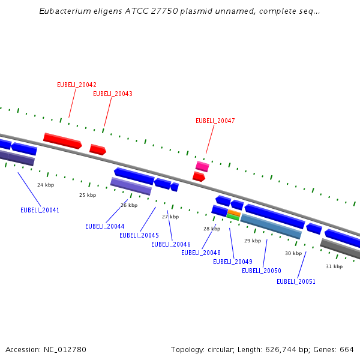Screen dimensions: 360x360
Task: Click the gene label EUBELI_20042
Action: click(77, 85)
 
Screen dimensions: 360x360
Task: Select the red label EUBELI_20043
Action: click(113, 94)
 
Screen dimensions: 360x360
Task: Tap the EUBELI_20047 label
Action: click(215, 121)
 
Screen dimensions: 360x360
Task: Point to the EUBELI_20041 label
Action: click(40, 210)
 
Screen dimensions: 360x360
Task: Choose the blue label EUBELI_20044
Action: click(105, 226)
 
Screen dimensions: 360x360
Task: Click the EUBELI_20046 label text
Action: click(171, 244)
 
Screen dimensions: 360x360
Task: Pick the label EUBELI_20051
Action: click(296, 281)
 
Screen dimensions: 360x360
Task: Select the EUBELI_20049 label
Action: click(233, 262)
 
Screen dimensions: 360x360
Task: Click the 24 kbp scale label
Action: click(46, 185)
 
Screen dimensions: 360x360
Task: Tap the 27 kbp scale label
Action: click(170, 217)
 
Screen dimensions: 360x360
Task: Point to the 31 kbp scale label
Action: click(334, 266)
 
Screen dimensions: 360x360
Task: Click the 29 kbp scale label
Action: click(253, 241)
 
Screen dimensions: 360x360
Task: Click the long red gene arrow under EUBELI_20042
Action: click(62, 141)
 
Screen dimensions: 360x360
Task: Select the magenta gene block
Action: click(202, 166)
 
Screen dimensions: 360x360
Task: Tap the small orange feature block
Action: click(234, 212)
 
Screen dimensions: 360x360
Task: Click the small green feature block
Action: click(233, 217)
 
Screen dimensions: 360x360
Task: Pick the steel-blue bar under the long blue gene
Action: click(271, 226)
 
